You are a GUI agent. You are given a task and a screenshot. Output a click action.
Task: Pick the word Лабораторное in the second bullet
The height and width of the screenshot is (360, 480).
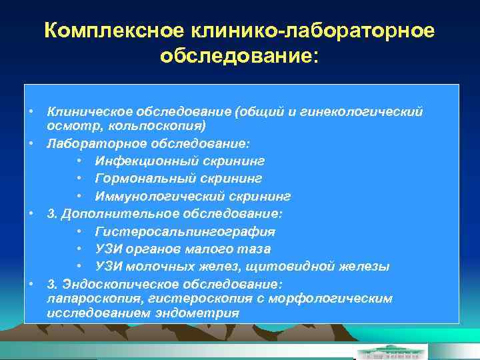pyautogui.click(x=91, y=143)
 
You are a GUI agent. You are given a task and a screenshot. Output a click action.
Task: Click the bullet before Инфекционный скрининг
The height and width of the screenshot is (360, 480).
pyautogui.click(x=80, y=161)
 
